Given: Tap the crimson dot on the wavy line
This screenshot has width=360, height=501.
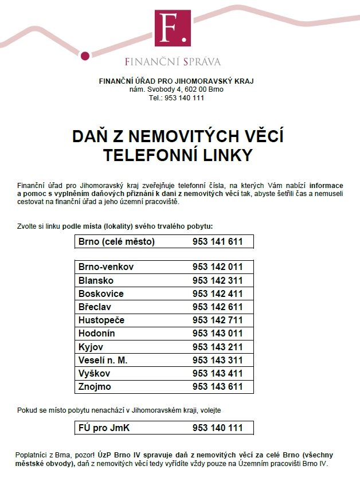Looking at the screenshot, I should tap(85, 56).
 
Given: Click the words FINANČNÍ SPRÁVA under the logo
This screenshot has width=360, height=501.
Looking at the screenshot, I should tap(173, 61).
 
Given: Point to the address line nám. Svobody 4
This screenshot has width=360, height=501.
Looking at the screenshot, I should tap(176, 89).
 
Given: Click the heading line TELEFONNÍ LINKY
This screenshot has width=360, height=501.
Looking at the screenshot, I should tap(177, 155).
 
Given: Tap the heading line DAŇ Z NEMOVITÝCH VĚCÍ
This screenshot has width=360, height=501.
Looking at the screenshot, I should tap(178, 136).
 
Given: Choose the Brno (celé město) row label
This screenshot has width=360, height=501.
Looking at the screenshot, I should tap(117, 242).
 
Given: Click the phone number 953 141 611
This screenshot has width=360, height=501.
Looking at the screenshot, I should tap(218, 242).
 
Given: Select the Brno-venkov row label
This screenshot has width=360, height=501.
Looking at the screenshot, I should tap(106, 267).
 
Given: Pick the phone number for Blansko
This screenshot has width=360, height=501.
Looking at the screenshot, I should tap(218, 280).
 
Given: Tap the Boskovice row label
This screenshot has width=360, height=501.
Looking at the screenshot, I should tap(101, 293).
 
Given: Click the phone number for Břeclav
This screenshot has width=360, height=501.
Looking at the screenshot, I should tap(218, 307).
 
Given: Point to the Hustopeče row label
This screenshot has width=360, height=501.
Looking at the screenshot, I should tap(101, 320).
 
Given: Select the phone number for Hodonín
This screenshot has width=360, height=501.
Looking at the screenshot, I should tap(218, 334).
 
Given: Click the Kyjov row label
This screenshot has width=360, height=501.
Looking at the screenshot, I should tap(91, 347).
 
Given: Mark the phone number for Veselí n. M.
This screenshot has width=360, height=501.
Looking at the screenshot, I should tap(218, 360).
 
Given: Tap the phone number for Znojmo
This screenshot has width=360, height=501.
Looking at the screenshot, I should tap(218, 387).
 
